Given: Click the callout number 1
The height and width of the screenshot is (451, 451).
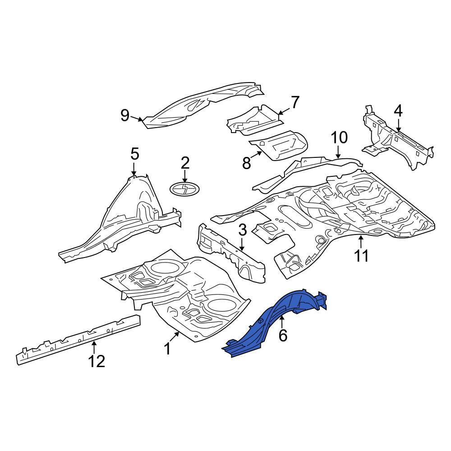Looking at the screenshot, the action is click(167, 349).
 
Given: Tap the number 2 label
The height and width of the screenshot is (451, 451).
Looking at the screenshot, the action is click(185, 163).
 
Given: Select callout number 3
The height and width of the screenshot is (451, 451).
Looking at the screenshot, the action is click(242, 230).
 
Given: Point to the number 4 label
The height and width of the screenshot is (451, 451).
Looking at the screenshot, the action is click(398, 111).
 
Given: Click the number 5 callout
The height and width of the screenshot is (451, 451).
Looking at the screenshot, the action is click(134, 154).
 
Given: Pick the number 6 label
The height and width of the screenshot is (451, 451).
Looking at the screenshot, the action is click(283, 336).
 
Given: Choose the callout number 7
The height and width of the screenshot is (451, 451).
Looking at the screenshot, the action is click(295, 102).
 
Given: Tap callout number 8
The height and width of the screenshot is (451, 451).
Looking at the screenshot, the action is click(247, 163).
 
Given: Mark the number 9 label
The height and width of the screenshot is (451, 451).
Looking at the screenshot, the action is click(125, 115).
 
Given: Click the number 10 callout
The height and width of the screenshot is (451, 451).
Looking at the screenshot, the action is click(340, 138).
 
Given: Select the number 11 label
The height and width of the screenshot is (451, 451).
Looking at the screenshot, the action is click(361, 256).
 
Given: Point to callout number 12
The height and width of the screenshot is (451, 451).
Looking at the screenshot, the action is click(97, 361).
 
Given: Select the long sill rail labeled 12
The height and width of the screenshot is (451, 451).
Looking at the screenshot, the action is click(78, 340).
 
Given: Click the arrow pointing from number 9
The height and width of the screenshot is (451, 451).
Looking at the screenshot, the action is click(136, 118).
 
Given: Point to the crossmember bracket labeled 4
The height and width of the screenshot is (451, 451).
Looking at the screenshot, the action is click(398, 139).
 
